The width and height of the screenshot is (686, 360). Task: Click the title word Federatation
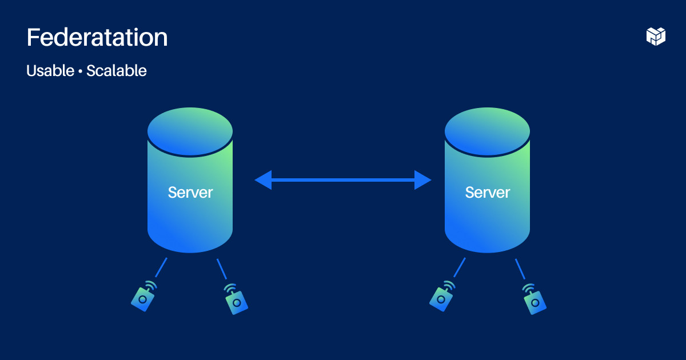[97, 38]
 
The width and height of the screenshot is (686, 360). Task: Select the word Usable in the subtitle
[50, 71]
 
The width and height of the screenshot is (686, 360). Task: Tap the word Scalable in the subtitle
[117, 71]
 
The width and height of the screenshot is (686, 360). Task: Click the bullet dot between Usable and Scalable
[81, 71]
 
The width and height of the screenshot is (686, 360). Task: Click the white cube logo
[656, 36]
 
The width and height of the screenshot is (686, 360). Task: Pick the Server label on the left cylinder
[190, 193]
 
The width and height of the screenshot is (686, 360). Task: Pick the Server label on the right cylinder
[487, 193]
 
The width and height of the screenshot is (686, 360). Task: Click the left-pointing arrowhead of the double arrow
[263, 180]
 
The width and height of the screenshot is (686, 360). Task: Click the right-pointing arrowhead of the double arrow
[422, 180]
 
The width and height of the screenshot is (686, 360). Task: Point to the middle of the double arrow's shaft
[343, 180]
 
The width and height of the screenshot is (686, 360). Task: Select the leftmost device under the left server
[142, 298]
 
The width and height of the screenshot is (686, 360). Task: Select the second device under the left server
[237, 301]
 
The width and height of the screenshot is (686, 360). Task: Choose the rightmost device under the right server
[535, 301]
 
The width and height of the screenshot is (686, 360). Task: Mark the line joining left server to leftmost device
[161, 267]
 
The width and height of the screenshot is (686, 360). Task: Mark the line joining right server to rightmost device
[520, 269]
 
